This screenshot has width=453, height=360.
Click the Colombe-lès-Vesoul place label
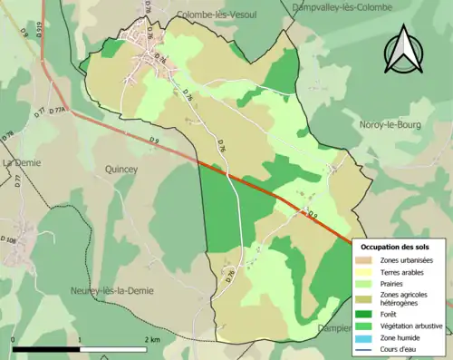pyautogui.click(x=217, y=15)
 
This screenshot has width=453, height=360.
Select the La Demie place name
pyautogui.click(x=22, y=162)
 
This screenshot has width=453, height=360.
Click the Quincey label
pyautogui.click(x=120, y=168)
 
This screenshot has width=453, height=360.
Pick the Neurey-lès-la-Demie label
pyautogui.click(x=111, y=290)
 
